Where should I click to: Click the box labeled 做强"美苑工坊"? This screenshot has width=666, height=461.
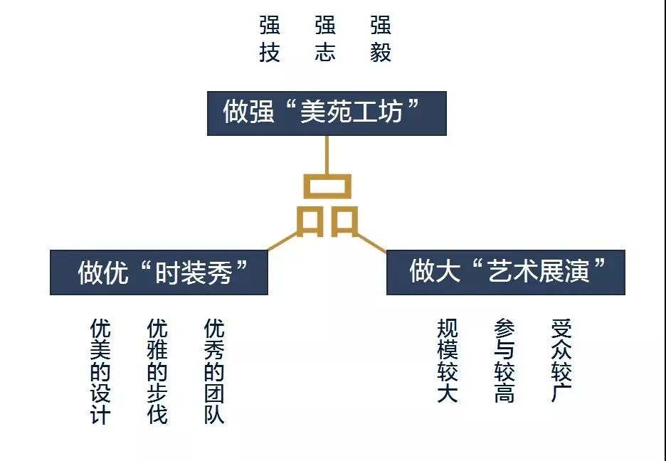coord(327,113)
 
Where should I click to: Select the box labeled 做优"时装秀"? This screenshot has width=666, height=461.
coord(159,272)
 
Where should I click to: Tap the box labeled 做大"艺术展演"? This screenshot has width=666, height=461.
coord(505,272)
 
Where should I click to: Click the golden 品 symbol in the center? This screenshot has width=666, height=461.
coord(327,206)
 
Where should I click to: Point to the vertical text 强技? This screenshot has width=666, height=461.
coord(270,40)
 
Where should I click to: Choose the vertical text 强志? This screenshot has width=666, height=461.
coord(325,40)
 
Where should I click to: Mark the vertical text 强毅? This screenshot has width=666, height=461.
coord(381,40)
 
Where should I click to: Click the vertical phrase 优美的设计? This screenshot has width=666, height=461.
coord(100,371)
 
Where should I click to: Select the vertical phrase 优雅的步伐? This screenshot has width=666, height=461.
coord(157,371)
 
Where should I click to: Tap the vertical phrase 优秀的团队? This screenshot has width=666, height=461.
coord(214,371)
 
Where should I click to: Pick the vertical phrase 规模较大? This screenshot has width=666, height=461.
coord(448,361)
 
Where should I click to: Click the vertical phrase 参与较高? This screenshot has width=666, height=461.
coord(504,361)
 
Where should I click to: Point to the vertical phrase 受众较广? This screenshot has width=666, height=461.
coord(561,361)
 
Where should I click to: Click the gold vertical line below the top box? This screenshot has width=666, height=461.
coord(327,154)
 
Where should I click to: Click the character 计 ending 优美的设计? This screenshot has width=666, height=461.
coord(100,415)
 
